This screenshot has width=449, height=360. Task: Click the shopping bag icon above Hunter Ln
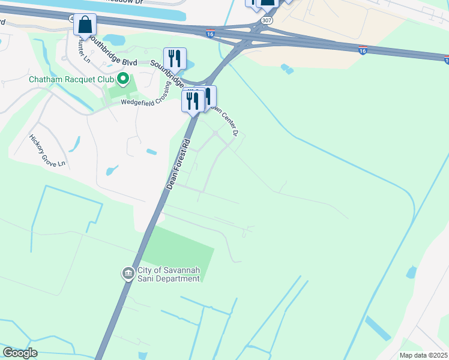coord(85,25)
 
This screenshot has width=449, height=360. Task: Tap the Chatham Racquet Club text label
coord(71,79)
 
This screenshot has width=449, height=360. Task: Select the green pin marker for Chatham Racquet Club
coord(124,79)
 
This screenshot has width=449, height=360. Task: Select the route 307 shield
coord(266,20)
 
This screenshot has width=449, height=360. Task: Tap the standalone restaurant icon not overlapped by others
coord(175,58)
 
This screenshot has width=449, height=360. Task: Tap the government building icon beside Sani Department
coord(128,274)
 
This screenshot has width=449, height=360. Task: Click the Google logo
coord(20,353)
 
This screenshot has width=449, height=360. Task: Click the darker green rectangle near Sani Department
coord(180,252)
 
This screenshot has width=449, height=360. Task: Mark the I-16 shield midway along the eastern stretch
coord(363,50)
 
